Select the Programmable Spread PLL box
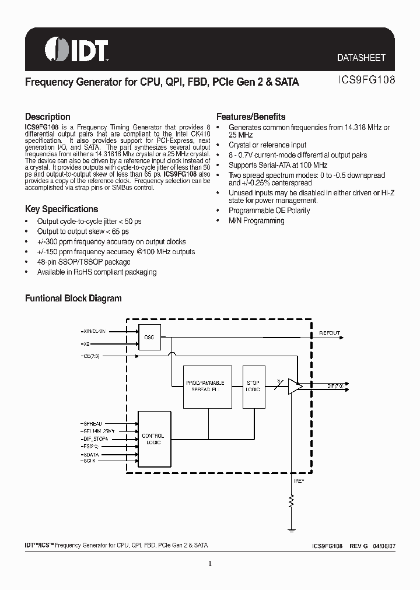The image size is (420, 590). (x=208, y=385)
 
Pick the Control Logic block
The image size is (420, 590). (x=153, y=439)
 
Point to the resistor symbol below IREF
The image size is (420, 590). (x=292, y=500)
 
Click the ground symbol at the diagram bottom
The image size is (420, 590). (x=292, y=529)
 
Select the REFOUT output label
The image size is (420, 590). (x=329, y=333)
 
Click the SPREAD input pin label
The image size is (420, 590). (x=92, y=423)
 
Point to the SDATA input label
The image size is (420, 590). (x=91, y=454)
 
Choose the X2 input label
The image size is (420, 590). (x=86, y=344)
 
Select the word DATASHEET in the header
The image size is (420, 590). (x=361, y=58)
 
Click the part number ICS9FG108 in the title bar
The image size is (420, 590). (x=366, y=82)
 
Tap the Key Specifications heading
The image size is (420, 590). (x=61, y=209)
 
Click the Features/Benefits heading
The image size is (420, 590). (x=251, y=116)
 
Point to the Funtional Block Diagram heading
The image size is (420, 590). (x=73, y=298)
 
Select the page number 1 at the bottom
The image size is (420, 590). (x=209, y=563)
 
